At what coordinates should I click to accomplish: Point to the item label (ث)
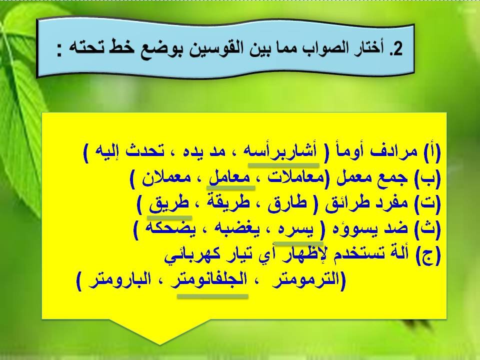coord(430,230)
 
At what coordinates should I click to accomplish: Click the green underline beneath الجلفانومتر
coord(213,296)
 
